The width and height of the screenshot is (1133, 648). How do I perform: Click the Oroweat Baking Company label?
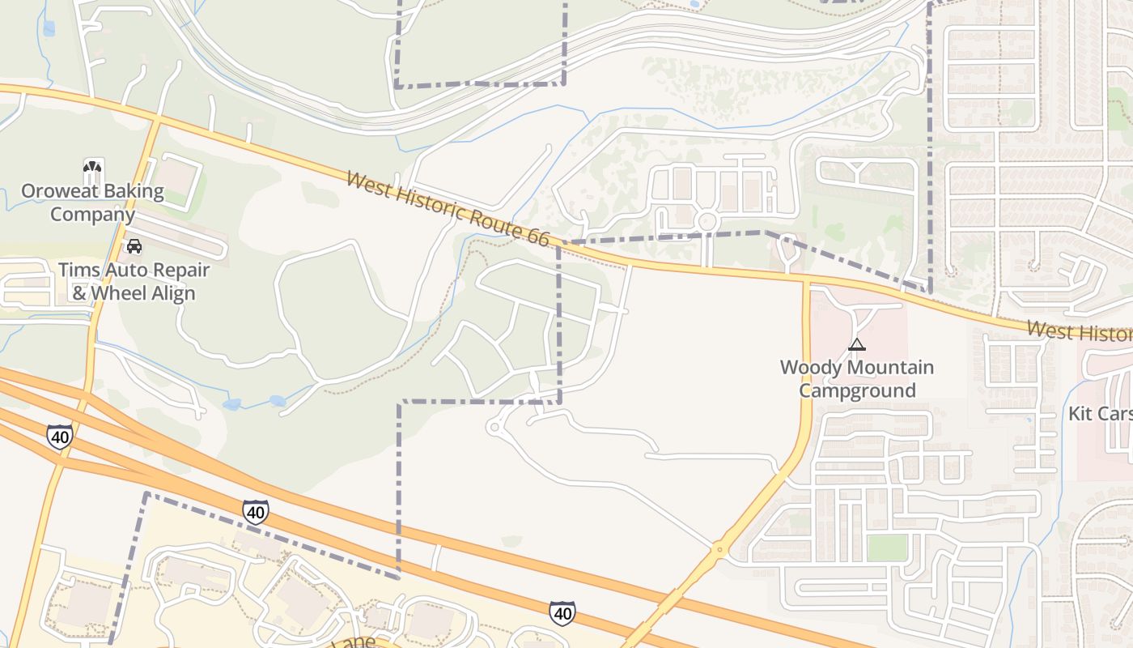(x=92, y=203)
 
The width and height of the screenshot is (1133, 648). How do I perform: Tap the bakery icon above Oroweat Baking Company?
(x=93, y=171)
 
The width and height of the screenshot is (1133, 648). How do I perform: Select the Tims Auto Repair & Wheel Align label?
(x=134, y=281)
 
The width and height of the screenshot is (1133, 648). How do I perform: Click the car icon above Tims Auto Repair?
(x=134, y=245)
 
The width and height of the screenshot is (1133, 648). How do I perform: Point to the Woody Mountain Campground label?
(x=857, y=378)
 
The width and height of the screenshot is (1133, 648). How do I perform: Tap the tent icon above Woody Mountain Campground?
(x=857, y=344)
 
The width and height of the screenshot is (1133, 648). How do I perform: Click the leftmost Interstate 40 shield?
(x=59, y=437)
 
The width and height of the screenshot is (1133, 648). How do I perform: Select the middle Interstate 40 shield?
(x=256, y=512)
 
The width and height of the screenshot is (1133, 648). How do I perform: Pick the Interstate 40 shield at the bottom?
(x=562, y=613)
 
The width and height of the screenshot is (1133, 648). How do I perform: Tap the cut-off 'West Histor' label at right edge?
(x=1080, y=331)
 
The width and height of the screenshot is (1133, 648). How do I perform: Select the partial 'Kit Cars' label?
(x=1099, y=413)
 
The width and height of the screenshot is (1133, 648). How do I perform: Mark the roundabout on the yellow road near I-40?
(x=719, y=552)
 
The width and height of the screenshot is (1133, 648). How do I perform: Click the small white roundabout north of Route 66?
(x=707, y=220)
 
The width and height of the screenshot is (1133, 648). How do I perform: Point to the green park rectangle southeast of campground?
(x=887, y=548)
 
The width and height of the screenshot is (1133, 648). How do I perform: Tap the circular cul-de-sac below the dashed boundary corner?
(x=495, y=427)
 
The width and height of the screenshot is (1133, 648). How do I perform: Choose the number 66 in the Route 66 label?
(x=537, y=238)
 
